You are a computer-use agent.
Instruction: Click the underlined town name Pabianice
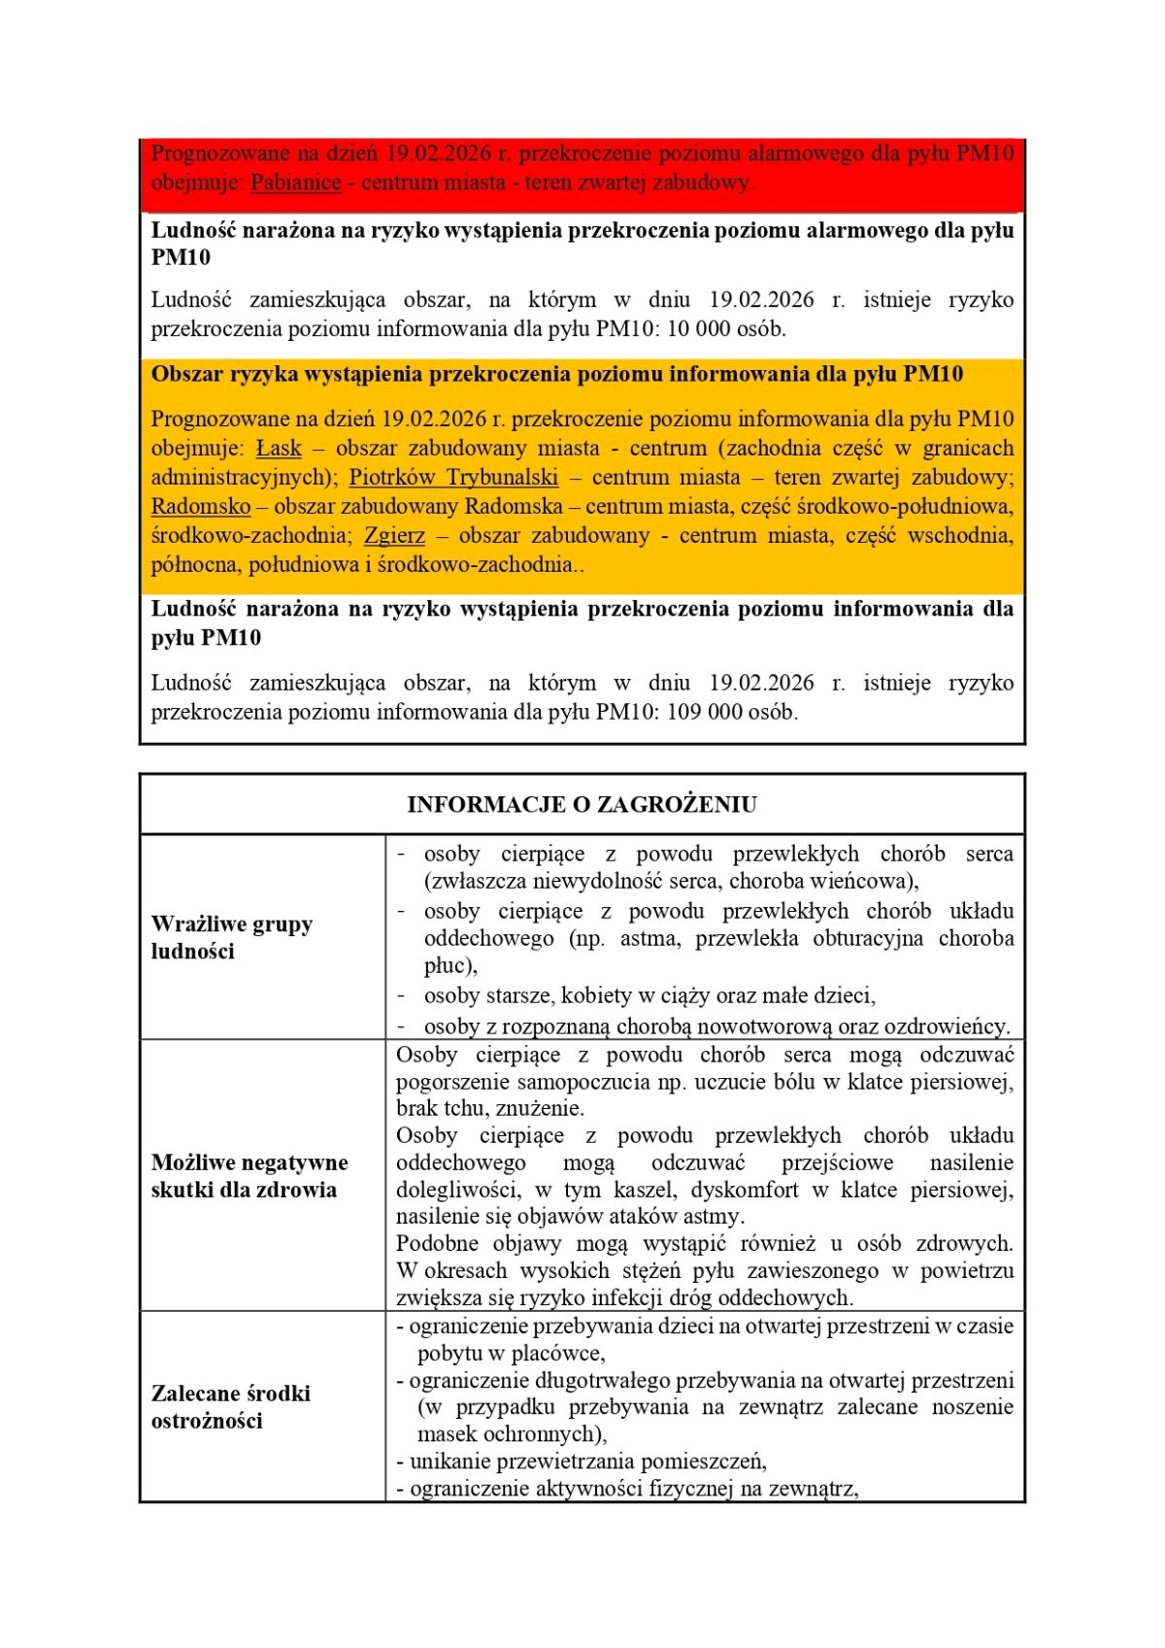point(295,183)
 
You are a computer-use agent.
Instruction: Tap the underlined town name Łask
point(279,449)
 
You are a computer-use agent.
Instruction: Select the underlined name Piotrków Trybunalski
point(453,478)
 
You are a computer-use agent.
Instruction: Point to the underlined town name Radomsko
point(200,507)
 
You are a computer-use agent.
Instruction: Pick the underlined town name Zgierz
point(394,536)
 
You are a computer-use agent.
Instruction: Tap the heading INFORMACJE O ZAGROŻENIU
point(582,805)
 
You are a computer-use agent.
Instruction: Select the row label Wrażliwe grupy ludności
point(231,937)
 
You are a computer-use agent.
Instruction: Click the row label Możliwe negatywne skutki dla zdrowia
point(249,1176)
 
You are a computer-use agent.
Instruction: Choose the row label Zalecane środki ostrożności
point(230,1407)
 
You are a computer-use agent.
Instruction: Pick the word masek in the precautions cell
point(445,1434)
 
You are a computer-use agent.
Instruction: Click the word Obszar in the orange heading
point(186,375)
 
